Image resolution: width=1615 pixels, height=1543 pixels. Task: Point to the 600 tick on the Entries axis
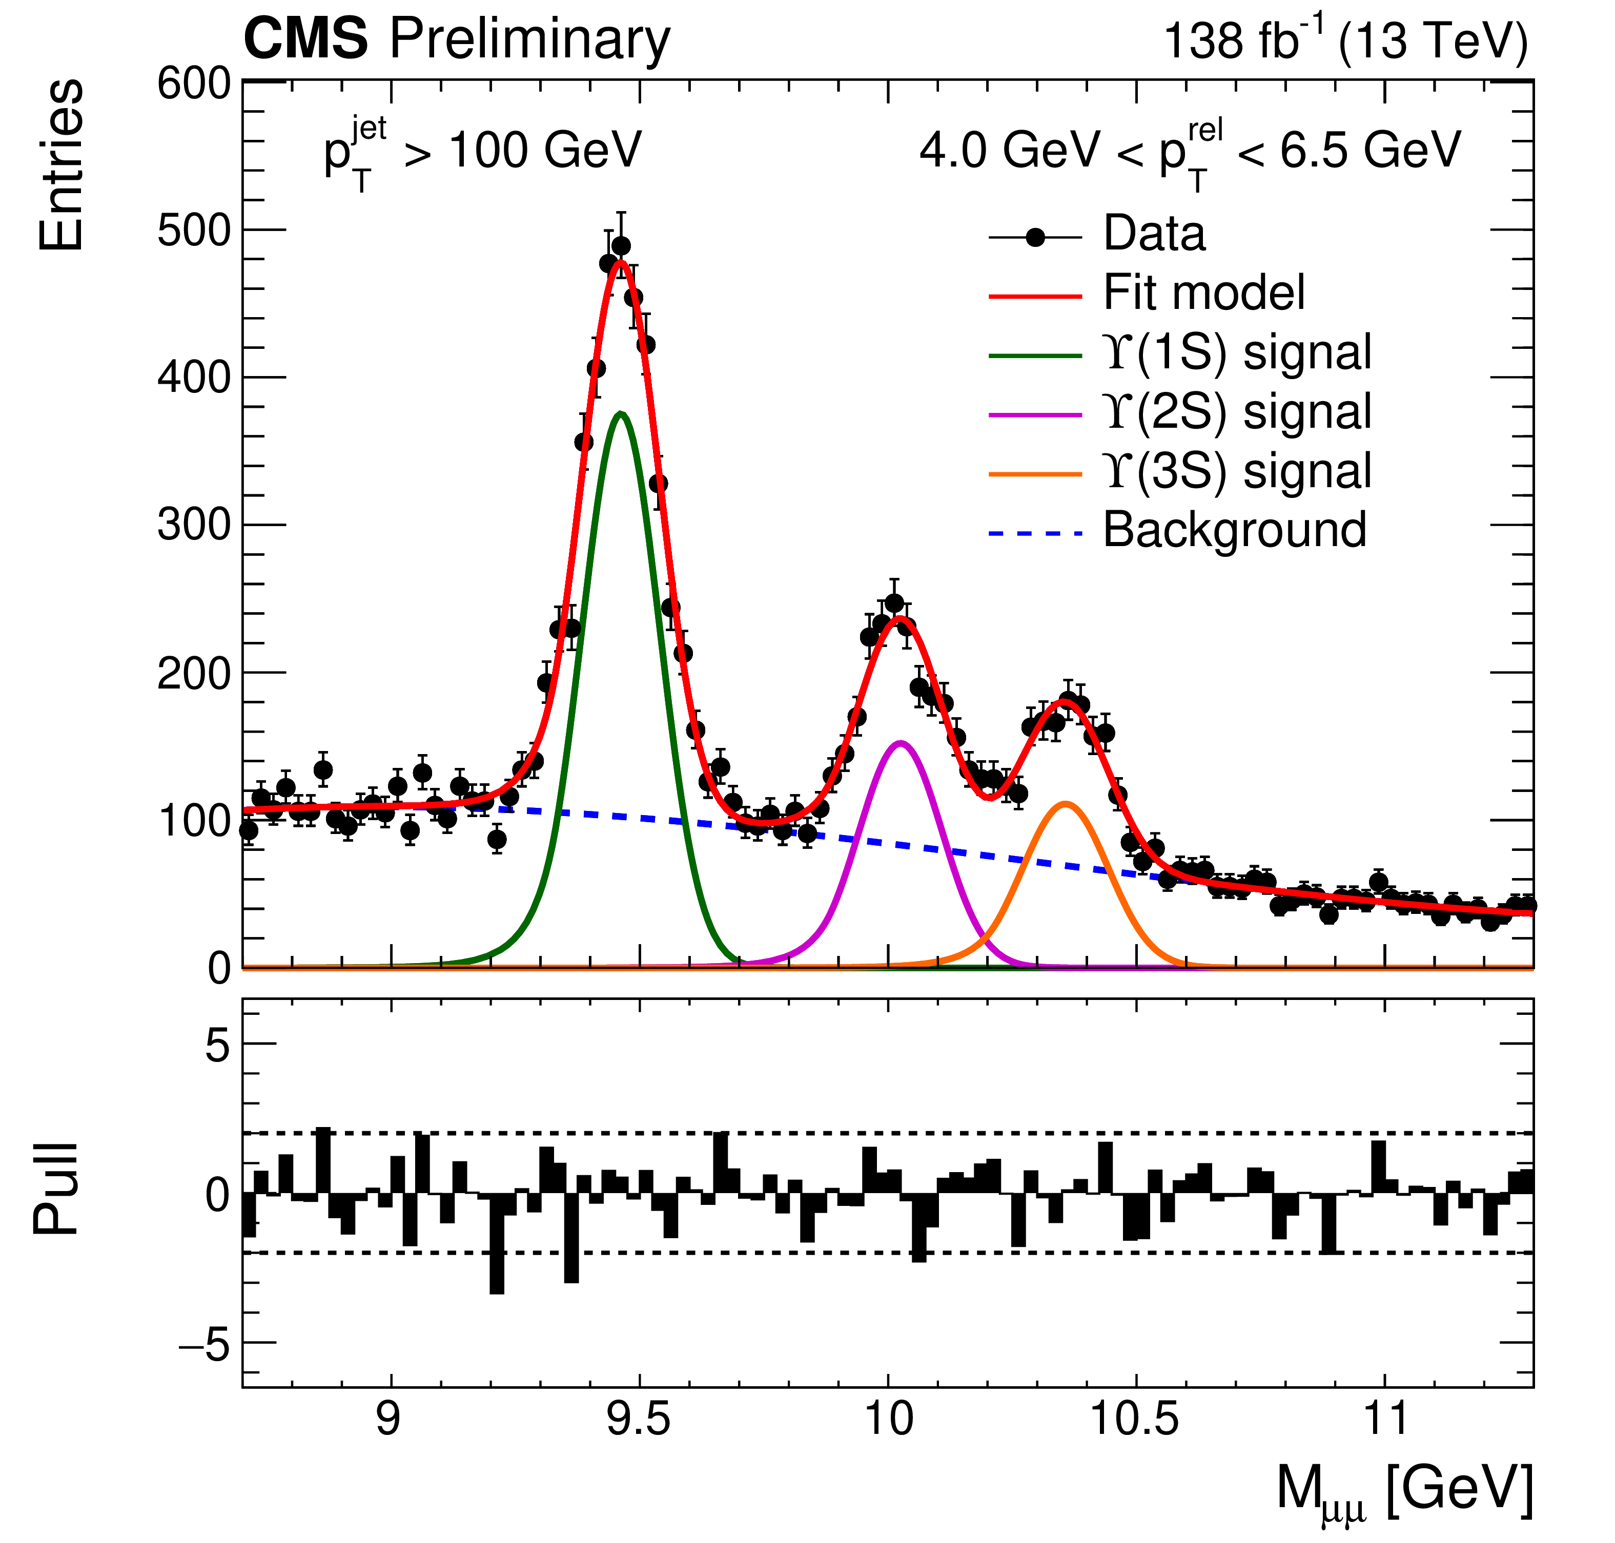(x=194, y=84)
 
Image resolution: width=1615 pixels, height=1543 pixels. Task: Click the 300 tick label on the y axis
(x=194, y=525)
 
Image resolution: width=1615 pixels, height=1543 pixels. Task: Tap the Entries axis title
(x=61, y=164)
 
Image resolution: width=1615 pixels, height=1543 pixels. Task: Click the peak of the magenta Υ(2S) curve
(x=901, y=743)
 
